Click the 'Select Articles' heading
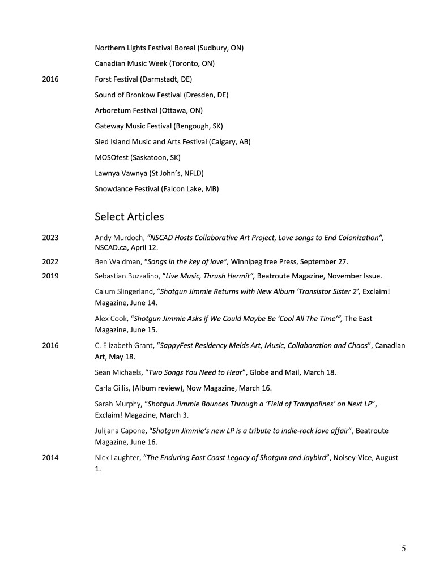tap(129, 216)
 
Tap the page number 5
tap(403, 547)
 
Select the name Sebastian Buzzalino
tap(126, 276)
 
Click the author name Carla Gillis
tap(112, 388)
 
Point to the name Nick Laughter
tap(117, 458)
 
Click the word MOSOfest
tap(112, 157)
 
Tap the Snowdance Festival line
tap(156, 188)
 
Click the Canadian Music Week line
tap(154, 63)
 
